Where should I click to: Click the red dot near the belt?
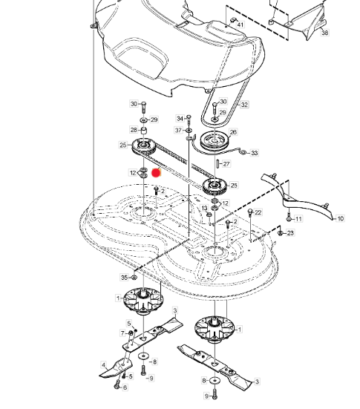click(x=156, y=173)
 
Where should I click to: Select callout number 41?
click(x=240, y=24)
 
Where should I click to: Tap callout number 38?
click(x=324, y=33)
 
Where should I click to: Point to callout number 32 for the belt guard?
click(x=244, y=105)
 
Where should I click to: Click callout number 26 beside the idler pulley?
click(x=233, y=132)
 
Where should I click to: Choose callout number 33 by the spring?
click(x=254, y=153)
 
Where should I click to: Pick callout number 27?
click(x=226, y=164)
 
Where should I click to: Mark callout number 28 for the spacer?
click(x=134, y=130)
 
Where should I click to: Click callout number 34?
click(x=180, y=119)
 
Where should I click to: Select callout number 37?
click(x=178, y=130)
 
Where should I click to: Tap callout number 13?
click(x=204, y=208)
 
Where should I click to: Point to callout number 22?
click(x=258, y=212)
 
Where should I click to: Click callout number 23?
click(x=290, y=232)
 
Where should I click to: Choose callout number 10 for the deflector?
click(x=340, y=218)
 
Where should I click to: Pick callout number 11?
click(x=298, y=218)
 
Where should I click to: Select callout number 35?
click(x=125, y=278)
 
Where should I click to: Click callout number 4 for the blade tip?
click(x=104, y=365)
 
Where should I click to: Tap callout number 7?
click(x=122, y=333)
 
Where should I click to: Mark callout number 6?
click(x=125, y=387)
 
